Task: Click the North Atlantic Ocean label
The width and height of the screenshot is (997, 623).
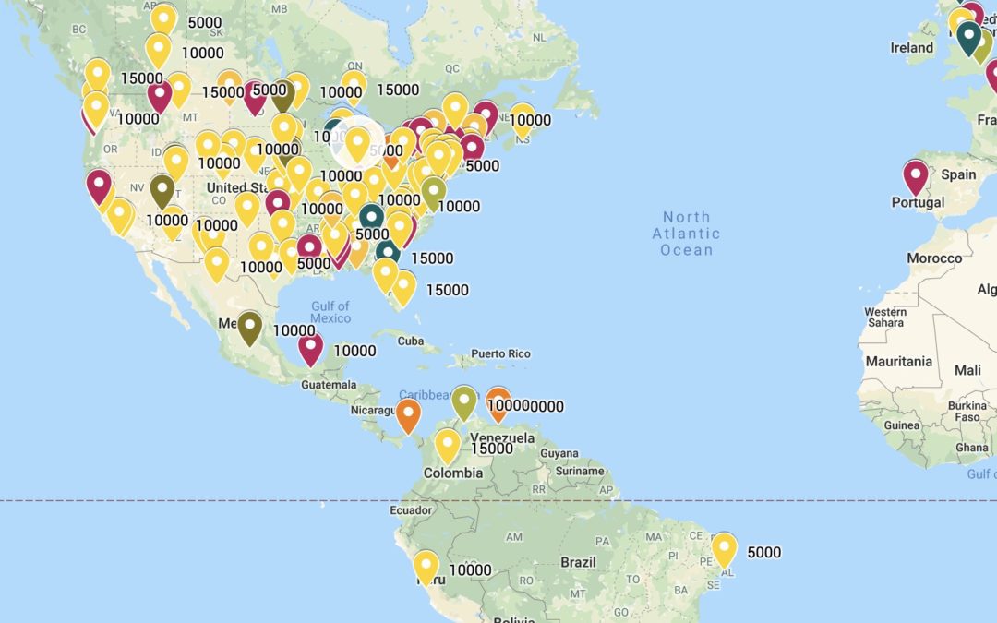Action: point(687,234)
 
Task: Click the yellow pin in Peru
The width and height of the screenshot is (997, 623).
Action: point(426,566)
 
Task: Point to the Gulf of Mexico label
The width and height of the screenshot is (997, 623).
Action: point(330,312)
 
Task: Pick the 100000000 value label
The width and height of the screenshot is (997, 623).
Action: point(525,406)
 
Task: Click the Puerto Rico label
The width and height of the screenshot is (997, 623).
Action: point(500,353)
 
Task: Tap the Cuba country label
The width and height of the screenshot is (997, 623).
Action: point(410,341)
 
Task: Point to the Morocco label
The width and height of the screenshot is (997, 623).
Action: point(933,258)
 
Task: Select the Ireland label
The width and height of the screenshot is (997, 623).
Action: point(911,47)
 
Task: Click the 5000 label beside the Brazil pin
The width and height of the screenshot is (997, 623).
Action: point(763,553)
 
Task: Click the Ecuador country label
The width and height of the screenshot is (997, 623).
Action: point(411,509)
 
